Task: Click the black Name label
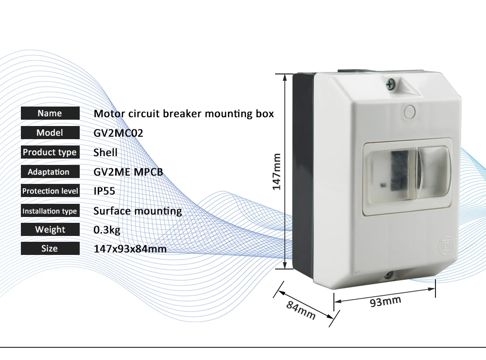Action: tap(50, 113)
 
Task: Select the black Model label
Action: tap(50, 133)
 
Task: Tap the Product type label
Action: tap(50, 152)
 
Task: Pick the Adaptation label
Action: tap(50, 172)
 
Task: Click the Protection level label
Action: tap(50, 191)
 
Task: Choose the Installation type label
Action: tap(50, 211)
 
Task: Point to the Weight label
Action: tap(50, 230)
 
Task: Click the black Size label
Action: tap(50, 249)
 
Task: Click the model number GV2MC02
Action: tap(118, 133)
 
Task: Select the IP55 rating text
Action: tap(104, 191)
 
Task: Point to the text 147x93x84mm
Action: tap(130, 249)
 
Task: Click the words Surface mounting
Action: tap(138, 211)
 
